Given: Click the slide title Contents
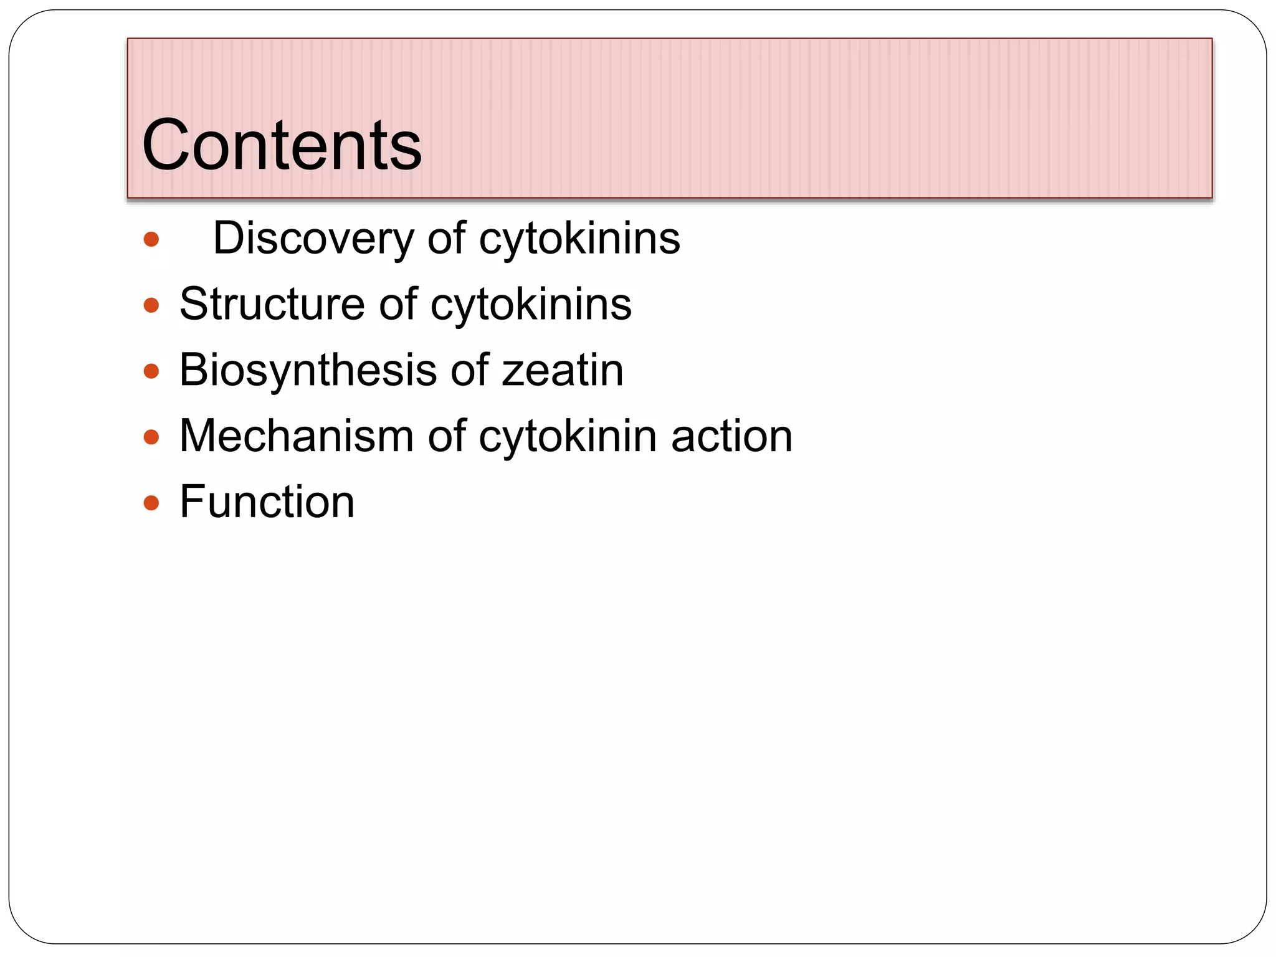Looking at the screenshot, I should coord(282,145).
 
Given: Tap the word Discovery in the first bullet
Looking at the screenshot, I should coord(313,239).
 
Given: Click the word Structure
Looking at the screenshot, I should coord(271,305).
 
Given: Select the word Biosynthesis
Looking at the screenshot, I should coord(308,371).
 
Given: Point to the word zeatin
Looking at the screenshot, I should coord(562,371).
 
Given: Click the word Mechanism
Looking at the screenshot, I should coord(296,436).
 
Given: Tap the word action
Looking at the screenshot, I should coord(731,436).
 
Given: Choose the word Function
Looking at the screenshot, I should coord(267,502).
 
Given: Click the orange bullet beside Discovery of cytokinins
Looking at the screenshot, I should coord(151,240).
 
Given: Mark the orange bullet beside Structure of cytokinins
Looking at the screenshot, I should coord(151,305).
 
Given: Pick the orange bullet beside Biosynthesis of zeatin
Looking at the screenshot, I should coord(151,371).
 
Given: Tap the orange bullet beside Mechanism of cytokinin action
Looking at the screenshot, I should coord(151,437).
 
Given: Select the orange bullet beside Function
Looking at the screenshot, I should coord(151,503).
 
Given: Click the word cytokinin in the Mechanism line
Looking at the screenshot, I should coord(568,436).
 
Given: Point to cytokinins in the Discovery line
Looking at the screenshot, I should coord(579,239).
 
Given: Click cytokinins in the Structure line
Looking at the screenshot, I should coord(531,305).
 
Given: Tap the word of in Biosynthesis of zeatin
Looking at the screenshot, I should coord(470,371).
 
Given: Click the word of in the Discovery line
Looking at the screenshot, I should coord(446,239).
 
